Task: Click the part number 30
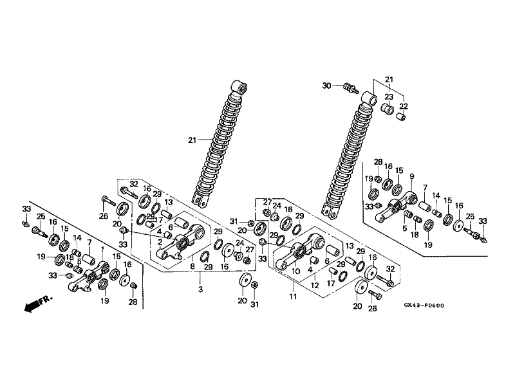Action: (326, 86)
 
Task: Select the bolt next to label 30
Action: (351, 88)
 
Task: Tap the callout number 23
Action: (389, 97)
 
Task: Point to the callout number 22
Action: (404, 106)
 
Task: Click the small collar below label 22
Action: (402, 116)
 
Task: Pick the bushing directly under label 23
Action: (387, 109)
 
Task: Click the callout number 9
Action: (412, 176)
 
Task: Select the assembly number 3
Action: (200, 289)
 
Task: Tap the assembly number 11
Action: (293, 297)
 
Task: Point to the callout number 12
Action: (315, 286)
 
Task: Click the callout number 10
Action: (295, 271)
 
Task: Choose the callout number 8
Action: (192, 266)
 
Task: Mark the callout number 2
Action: (160, 243)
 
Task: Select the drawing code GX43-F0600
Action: (424, 306)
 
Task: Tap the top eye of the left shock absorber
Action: (239, 86)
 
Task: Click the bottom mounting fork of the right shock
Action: (330, 211)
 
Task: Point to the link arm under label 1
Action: (88, 277)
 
